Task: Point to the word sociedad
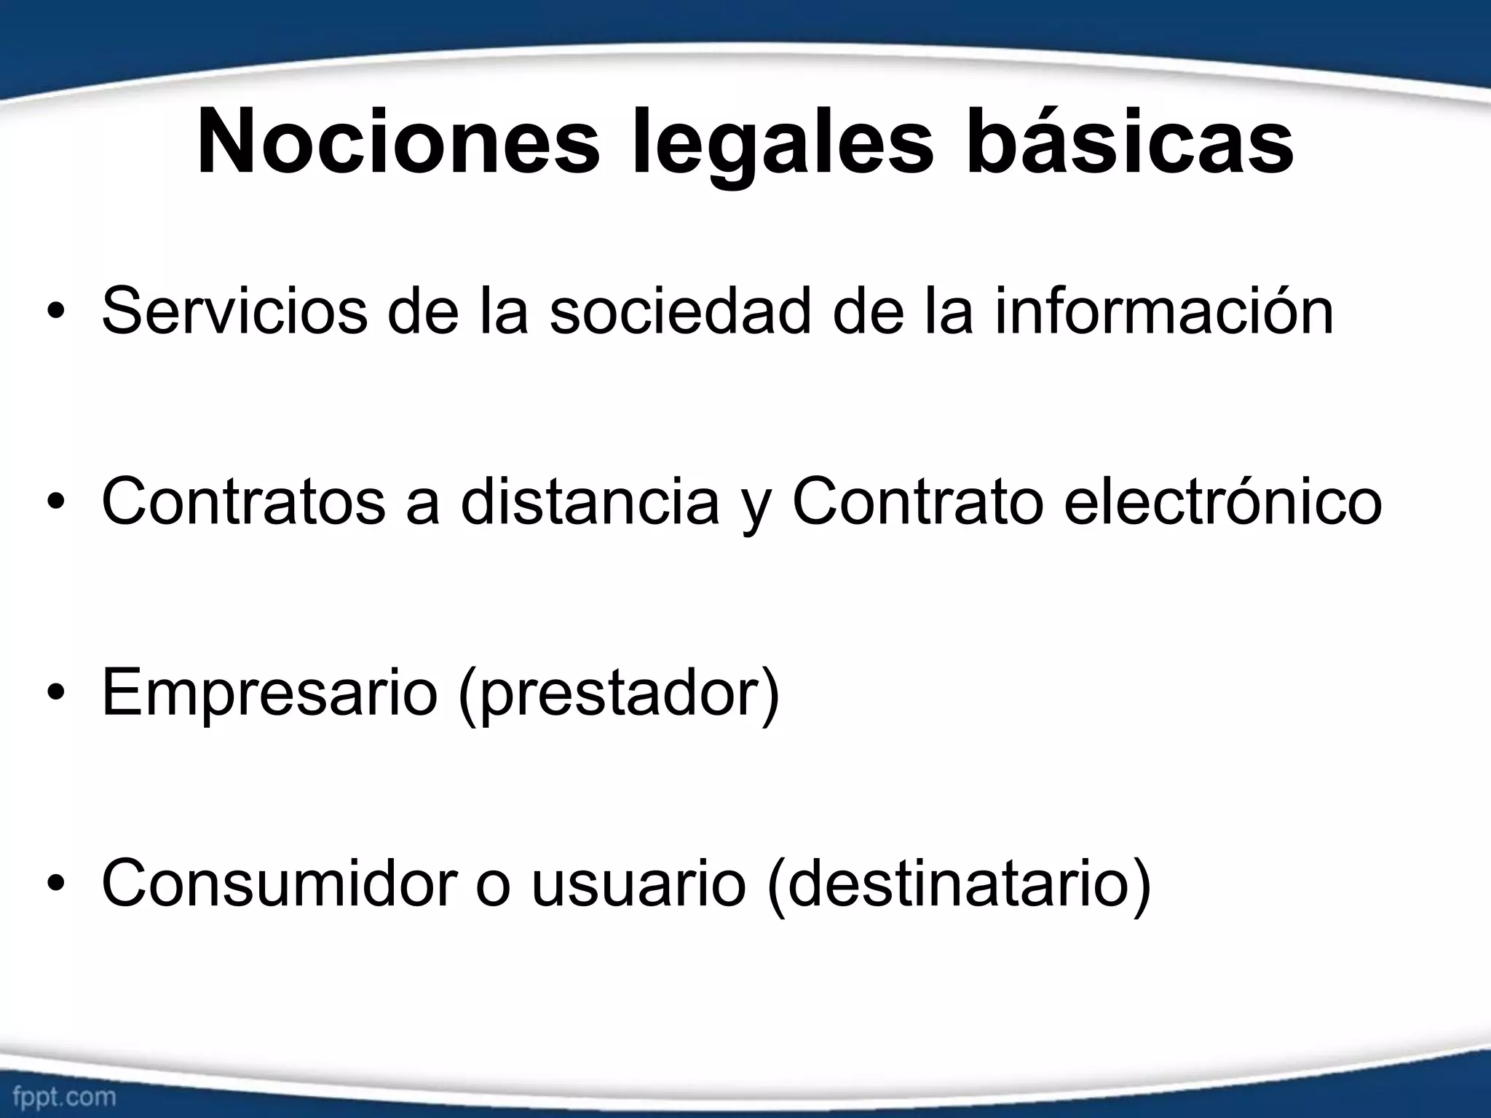click(x=680, y=312)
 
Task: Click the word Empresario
click(x=269, y=693)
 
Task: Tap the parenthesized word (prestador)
click(x=619, y=693)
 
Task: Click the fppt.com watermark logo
click(x=64, y=1096)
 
